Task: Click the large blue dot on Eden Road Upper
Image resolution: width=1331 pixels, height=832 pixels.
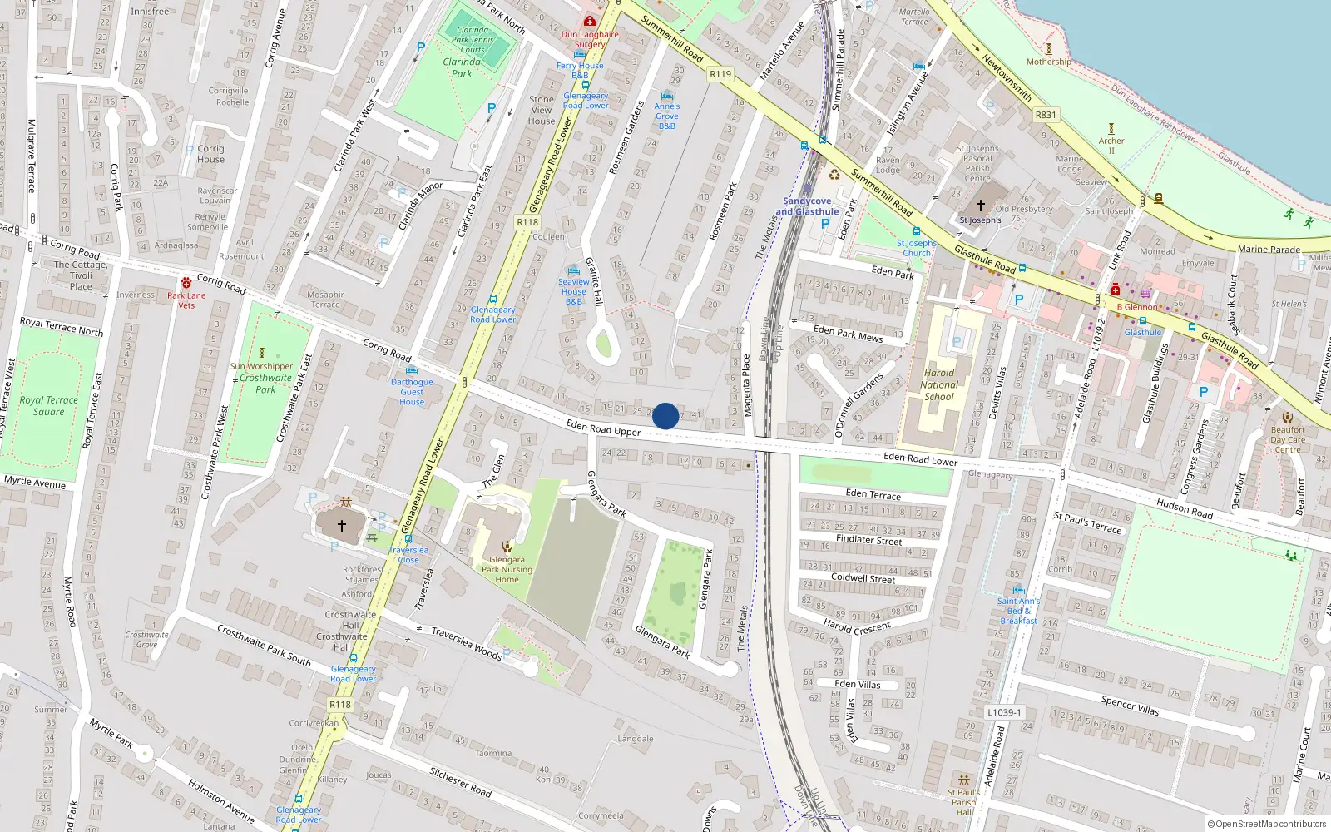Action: [665, 416]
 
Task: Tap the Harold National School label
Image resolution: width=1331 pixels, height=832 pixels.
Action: [939, 384]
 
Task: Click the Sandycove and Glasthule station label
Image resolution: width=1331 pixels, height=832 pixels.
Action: [807, 206]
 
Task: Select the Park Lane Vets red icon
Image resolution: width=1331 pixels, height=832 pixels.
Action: [186, 284]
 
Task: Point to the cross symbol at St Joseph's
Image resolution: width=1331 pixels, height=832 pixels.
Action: [980, 206]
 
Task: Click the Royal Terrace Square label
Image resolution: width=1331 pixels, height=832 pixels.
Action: [49, 406]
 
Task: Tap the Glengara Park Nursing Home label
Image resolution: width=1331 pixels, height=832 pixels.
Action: [507, 570]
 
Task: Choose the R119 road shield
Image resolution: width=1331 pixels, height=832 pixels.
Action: [720, 74]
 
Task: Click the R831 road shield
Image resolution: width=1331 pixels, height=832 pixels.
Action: [1046, 115]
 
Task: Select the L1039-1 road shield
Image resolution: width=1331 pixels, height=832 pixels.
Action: [1004, 712]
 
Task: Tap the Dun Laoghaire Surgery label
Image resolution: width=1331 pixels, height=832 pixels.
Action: [590, 39]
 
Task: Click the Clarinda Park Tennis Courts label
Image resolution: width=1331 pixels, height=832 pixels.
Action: [473, 39]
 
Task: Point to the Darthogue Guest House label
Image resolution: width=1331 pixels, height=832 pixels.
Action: [412, 392]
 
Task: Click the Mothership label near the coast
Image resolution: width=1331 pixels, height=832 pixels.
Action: [1049, 62]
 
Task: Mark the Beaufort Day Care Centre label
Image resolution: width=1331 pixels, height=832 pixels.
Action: [1288, 439]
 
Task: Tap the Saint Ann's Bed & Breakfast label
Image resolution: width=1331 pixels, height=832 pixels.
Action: [1018, 611]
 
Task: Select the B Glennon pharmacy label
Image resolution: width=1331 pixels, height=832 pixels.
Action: [1137, 307]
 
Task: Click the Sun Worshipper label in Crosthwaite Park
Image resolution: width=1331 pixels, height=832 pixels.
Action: [261, 366]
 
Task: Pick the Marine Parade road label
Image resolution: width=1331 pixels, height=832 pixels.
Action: [1269, 249]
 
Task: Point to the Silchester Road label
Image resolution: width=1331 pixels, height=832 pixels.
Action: [460, 781]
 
